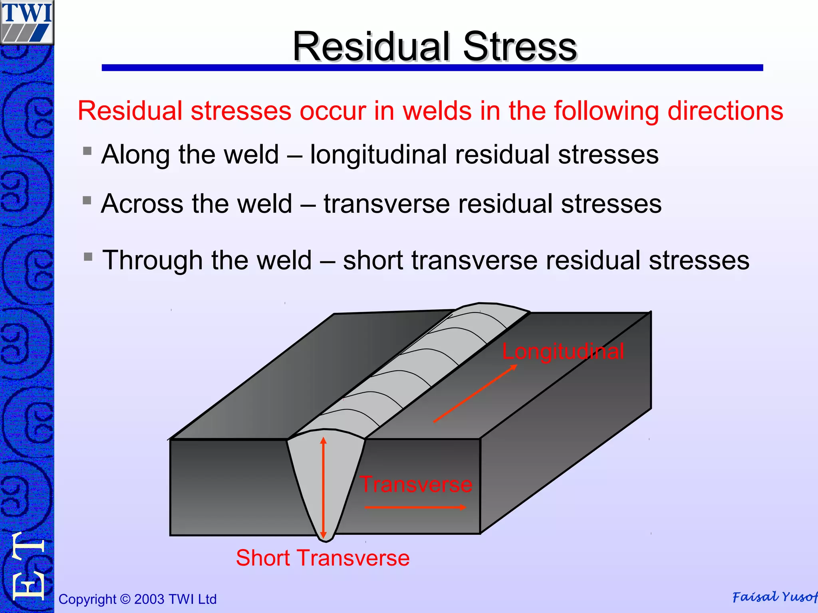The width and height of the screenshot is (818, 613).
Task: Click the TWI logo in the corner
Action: coord(27,22)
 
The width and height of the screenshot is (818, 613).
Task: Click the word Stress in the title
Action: coord(519,47)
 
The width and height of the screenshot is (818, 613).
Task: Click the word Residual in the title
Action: coord(371,47)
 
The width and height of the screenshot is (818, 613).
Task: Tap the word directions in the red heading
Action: coord(725,111)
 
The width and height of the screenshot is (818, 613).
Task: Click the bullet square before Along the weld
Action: coord(87,151)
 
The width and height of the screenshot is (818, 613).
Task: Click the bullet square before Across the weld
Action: coord(87,200)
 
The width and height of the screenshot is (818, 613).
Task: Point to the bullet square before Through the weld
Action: coord(88,256)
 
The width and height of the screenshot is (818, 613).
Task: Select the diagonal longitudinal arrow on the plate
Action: coord(475,393)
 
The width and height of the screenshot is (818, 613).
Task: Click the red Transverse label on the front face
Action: coord(416,484)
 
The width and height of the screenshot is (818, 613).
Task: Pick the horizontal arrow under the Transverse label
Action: coord(415,507)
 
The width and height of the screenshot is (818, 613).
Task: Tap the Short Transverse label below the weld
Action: coord(322,558)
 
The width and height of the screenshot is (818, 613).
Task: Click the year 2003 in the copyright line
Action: coord(149,599)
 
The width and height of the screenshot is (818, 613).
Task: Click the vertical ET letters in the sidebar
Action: coord(27,567)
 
